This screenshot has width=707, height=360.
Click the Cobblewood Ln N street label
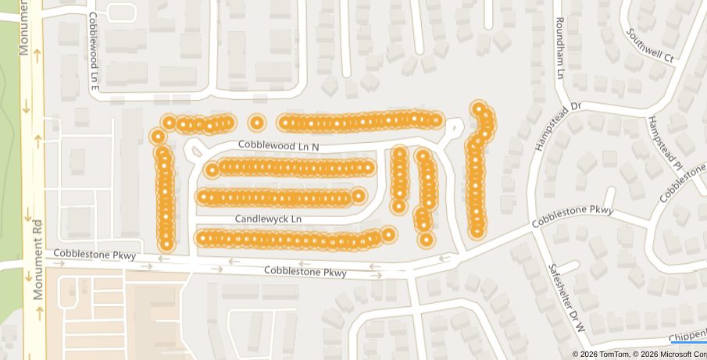point(279,146)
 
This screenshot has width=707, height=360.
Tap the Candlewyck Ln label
point(268,219)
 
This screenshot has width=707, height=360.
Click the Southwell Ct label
point(650,45)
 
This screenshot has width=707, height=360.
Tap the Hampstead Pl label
point(666,144)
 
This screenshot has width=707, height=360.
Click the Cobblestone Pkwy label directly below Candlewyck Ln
point(305,272)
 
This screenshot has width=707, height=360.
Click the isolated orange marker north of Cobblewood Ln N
point(256,123)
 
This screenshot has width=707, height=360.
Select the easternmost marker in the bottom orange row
point(388,234)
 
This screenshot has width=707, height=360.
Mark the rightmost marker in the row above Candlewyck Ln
point(359,195)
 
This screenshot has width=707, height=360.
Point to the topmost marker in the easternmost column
point(479,109)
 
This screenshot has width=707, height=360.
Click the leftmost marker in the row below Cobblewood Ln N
point(212,169)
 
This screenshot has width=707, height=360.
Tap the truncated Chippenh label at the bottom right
point(688,336)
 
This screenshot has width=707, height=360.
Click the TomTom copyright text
point(597,355)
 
